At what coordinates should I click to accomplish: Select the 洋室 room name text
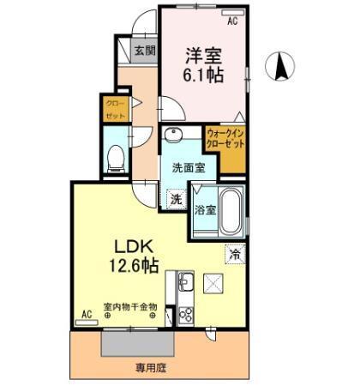point(205,56)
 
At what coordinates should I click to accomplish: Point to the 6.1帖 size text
point(205,75)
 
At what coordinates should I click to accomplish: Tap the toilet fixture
point(115,156)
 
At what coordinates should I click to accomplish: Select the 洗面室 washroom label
point(184,169)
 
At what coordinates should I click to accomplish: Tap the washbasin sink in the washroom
point(173,136)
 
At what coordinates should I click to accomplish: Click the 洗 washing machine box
point(175,199)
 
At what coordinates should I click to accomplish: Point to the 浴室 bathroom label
point(204,209)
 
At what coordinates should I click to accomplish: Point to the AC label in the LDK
point(86,314)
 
